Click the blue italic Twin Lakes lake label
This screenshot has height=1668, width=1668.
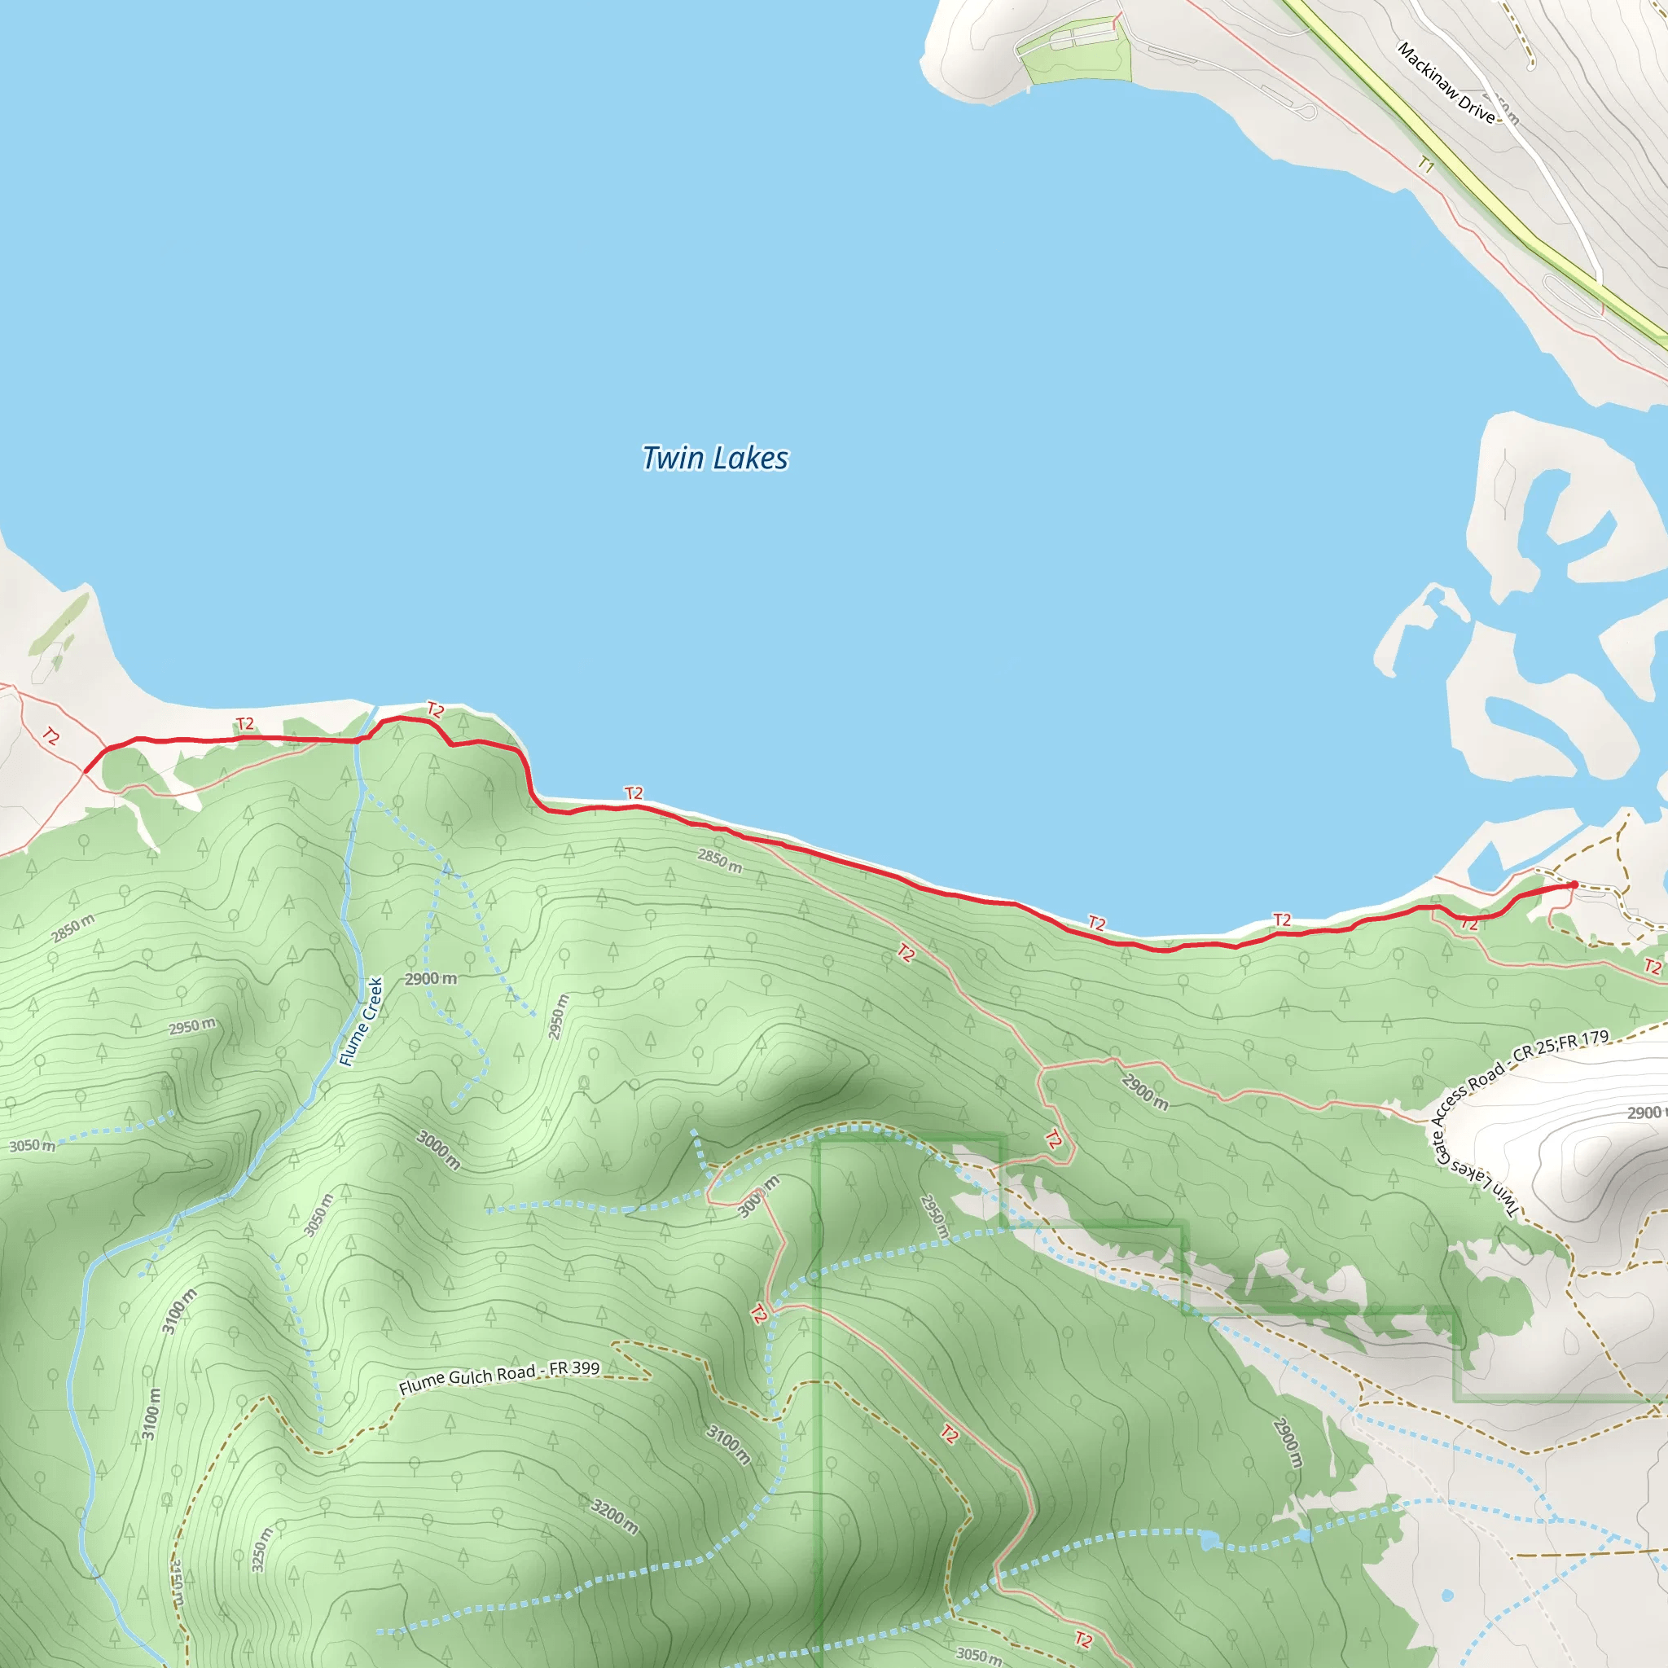tap(715, 458)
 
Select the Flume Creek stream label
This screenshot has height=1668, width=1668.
tap(361, 1021)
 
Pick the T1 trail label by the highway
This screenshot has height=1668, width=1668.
tap(1425, 164)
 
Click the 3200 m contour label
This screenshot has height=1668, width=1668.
tap(615, 1516)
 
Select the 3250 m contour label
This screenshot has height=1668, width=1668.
tap(261, 1549)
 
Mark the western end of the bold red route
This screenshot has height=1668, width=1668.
tap(86, 771)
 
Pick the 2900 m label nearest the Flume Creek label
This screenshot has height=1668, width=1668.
tap(431, 978)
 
